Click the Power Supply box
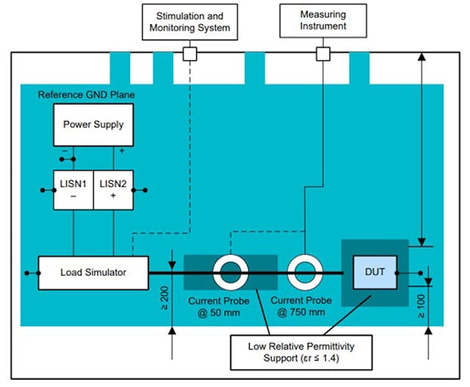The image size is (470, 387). (93, 124)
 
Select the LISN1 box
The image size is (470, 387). (72, 190)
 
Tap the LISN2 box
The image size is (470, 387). (113, 190)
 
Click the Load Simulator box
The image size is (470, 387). (93, 272)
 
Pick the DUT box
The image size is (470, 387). (375, 271)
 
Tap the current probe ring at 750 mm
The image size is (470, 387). (305, 273)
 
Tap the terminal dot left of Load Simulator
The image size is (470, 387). (27, 273)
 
